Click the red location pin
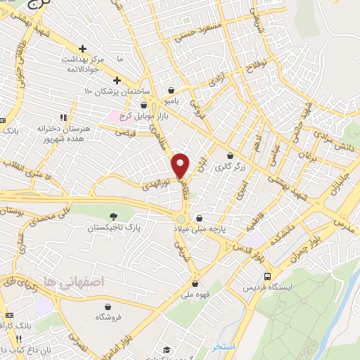pos(181,165)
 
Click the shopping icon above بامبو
pos(172,90)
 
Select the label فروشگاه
pos(107,317)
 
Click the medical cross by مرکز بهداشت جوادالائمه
pos(83,49)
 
